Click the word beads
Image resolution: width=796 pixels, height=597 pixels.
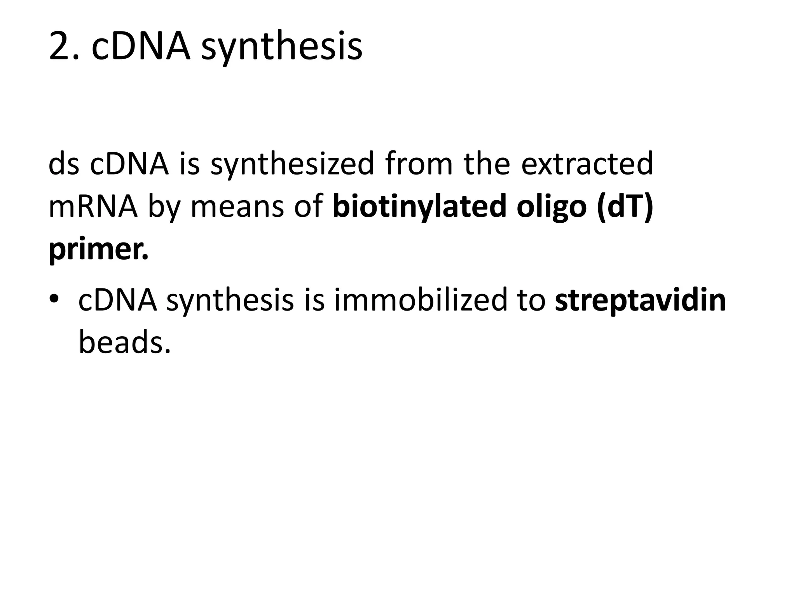(x=124, y=342)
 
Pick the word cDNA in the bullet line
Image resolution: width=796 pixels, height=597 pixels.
(x=118, y=300)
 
